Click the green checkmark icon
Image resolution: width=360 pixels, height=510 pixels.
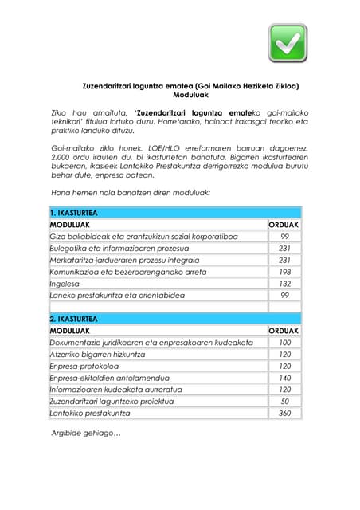pyautogui.click(x=288, y=43)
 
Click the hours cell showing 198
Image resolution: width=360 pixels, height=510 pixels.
pyautogui.click(x=284, y=272)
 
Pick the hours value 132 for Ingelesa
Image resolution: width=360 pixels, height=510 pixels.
pyautogui.click(x=284, y=284)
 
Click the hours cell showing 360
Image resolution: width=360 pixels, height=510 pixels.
pyautogui.click(x=284, y=413)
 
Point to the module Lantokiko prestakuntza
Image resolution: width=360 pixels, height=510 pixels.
pyautogui.click(x=89, y=413)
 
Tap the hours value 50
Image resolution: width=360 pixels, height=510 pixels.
pyautogui.click(x=284, y=402)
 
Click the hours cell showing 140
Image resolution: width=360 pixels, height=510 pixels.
pyautogui.click(x=284, y=378)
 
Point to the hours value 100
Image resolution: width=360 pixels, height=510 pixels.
pyautogui.click(x=284, y=342)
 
